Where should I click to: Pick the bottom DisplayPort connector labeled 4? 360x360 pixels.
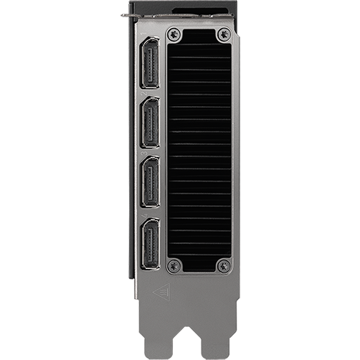pyautogui.click(x=151, y=244)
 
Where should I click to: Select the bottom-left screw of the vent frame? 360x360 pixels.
pyautogui.click(x=173, y=266)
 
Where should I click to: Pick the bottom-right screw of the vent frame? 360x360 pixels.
pyautogui.click(x=224, y=266)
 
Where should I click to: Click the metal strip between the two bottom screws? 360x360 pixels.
pyautogui.click(x=199, y=267)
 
